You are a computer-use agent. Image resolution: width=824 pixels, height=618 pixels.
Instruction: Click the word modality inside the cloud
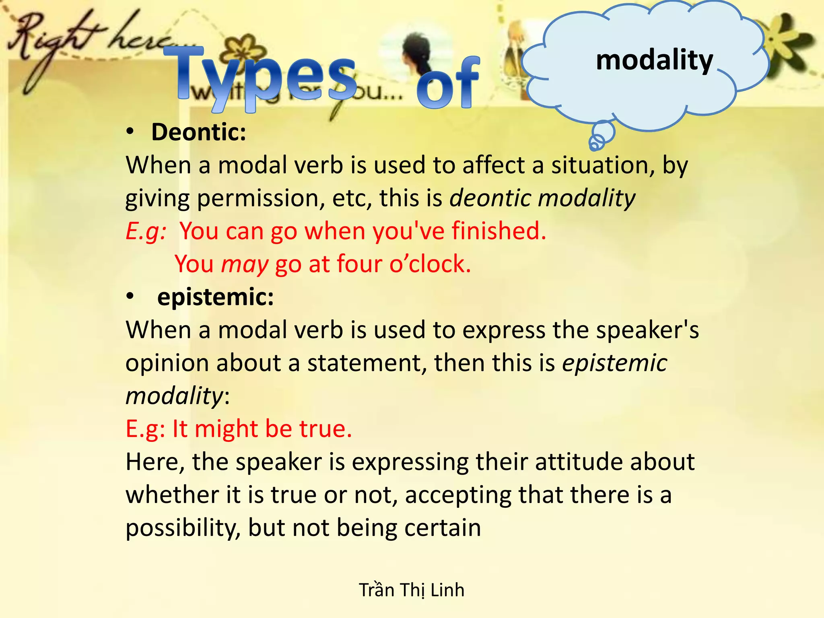tap(654, 60)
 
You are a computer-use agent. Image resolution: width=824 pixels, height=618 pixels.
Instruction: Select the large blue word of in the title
tap(448, 82)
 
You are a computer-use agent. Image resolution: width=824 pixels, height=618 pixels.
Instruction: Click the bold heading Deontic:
tap(198, 132)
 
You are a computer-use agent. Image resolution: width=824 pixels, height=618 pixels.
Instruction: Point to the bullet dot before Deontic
tap(130, 132)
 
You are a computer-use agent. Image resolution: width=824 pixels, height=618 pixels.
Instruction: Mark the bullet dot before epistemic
tap(130, 297)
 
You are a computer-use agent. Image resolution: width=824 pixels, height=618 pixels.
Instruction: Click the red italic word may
tap(245, 264)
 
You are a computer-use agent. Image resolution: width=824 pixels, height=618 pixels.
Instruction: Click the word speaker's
tap(647, 330)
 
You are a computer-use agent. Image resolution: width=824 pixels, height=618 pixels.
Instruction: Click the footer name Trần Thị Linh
tap(412, 590)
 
